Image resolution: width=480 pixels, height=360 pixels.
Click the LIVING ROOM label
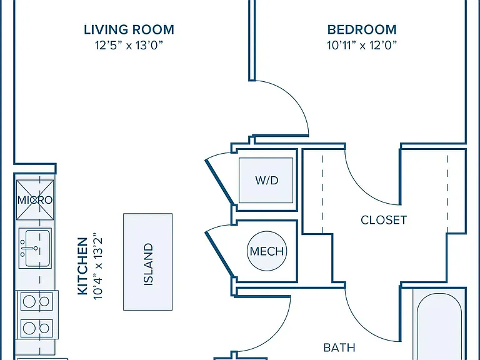click(129, 30)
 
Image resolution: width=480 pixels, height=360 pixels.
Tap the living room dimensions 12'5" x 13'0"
click(129, 45)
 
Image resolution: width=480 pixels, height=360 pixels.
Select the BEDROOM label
click(362, 30)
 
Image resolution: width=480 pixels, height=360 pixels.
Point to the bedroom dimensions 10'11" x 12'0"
click(362, 45)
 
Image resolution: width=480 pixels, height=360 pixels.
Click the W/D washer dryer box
click(266, 180)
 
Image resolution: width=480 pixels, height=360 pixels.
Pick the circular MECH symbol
click(267, 251)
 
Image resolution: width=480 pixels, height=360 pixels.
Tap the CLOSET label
click(384, 220)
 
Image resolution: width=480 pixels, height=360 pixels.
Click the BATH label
click(339, 347)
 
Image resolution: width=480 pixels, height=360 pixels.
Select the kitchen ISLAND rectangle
click(148, 262)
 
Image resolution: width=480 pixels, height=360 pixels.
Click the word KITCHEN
click(82, 266)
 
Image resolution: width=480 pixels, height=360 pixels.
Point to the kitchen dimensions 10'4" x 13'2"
click(97, 266)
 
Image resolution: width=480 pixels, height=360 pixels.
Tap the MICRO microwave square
click(35, 200)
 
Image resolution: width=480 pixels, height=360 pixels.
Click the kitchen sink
click(35, 248)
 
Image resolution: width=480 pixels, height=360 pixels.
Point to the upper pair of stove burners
click(36, 301)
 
